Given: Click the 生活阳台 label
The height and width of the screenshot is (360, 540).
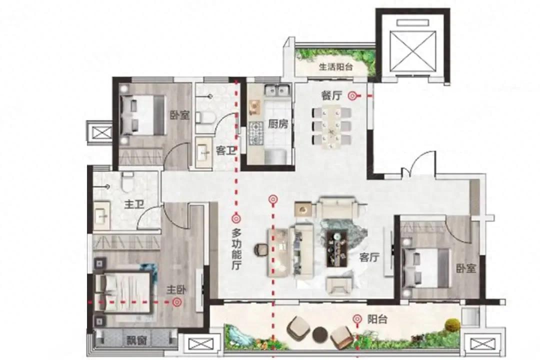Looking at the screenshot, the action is coord(336,67).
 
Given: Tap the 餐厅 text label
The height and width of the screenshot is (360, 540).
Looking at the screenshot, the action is coord(331,95).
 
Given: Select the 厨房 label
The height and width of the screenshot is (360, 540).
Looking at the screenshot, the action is coord(277,124).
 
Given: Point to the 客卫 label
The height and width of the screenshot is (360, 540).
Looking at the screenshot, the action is coord(225,150).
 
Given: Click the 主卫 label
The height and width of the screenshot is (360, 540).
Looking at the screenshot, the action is coord(134,204).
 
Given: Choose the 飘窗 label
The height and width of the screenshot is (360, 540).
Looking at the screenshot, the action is coord(136,340).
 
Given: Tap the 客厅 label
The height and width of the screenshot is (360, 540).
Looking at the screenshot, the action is coord(369,256).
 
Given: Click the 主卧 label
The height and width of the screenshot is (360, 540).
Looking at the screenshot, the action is coord(176,290).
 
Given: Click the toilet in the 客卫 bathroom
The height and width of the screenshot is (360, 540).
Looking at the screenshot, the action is coord(205,117).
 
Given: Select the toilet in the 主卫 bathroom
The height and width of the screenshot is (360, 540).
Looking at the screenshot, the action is coord(127,182).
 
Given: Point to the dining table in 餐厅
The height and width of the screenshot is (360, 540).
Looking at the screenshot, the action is coord(331,126).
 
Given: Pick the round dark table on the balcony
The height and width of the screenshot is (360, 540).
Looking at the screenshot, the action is coord(320,333).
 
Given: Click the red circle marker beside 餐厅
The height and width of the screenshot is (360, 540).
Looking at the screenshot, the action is coord(352,96).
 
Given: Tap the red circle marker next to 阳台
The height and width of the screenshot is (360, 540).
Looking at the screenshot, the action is coord(357,319).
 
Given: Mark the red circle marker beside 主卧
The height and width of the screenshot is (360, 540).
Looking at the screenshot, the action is coord(177,302).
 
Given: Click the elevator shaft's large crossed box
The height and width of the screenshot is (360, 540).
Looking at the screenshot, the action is coord(412,51).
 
